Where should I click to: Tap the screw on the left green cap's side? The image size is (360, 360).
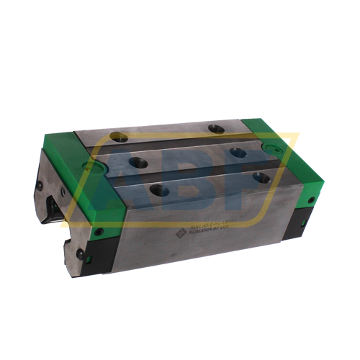click(x=99, y=232)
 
